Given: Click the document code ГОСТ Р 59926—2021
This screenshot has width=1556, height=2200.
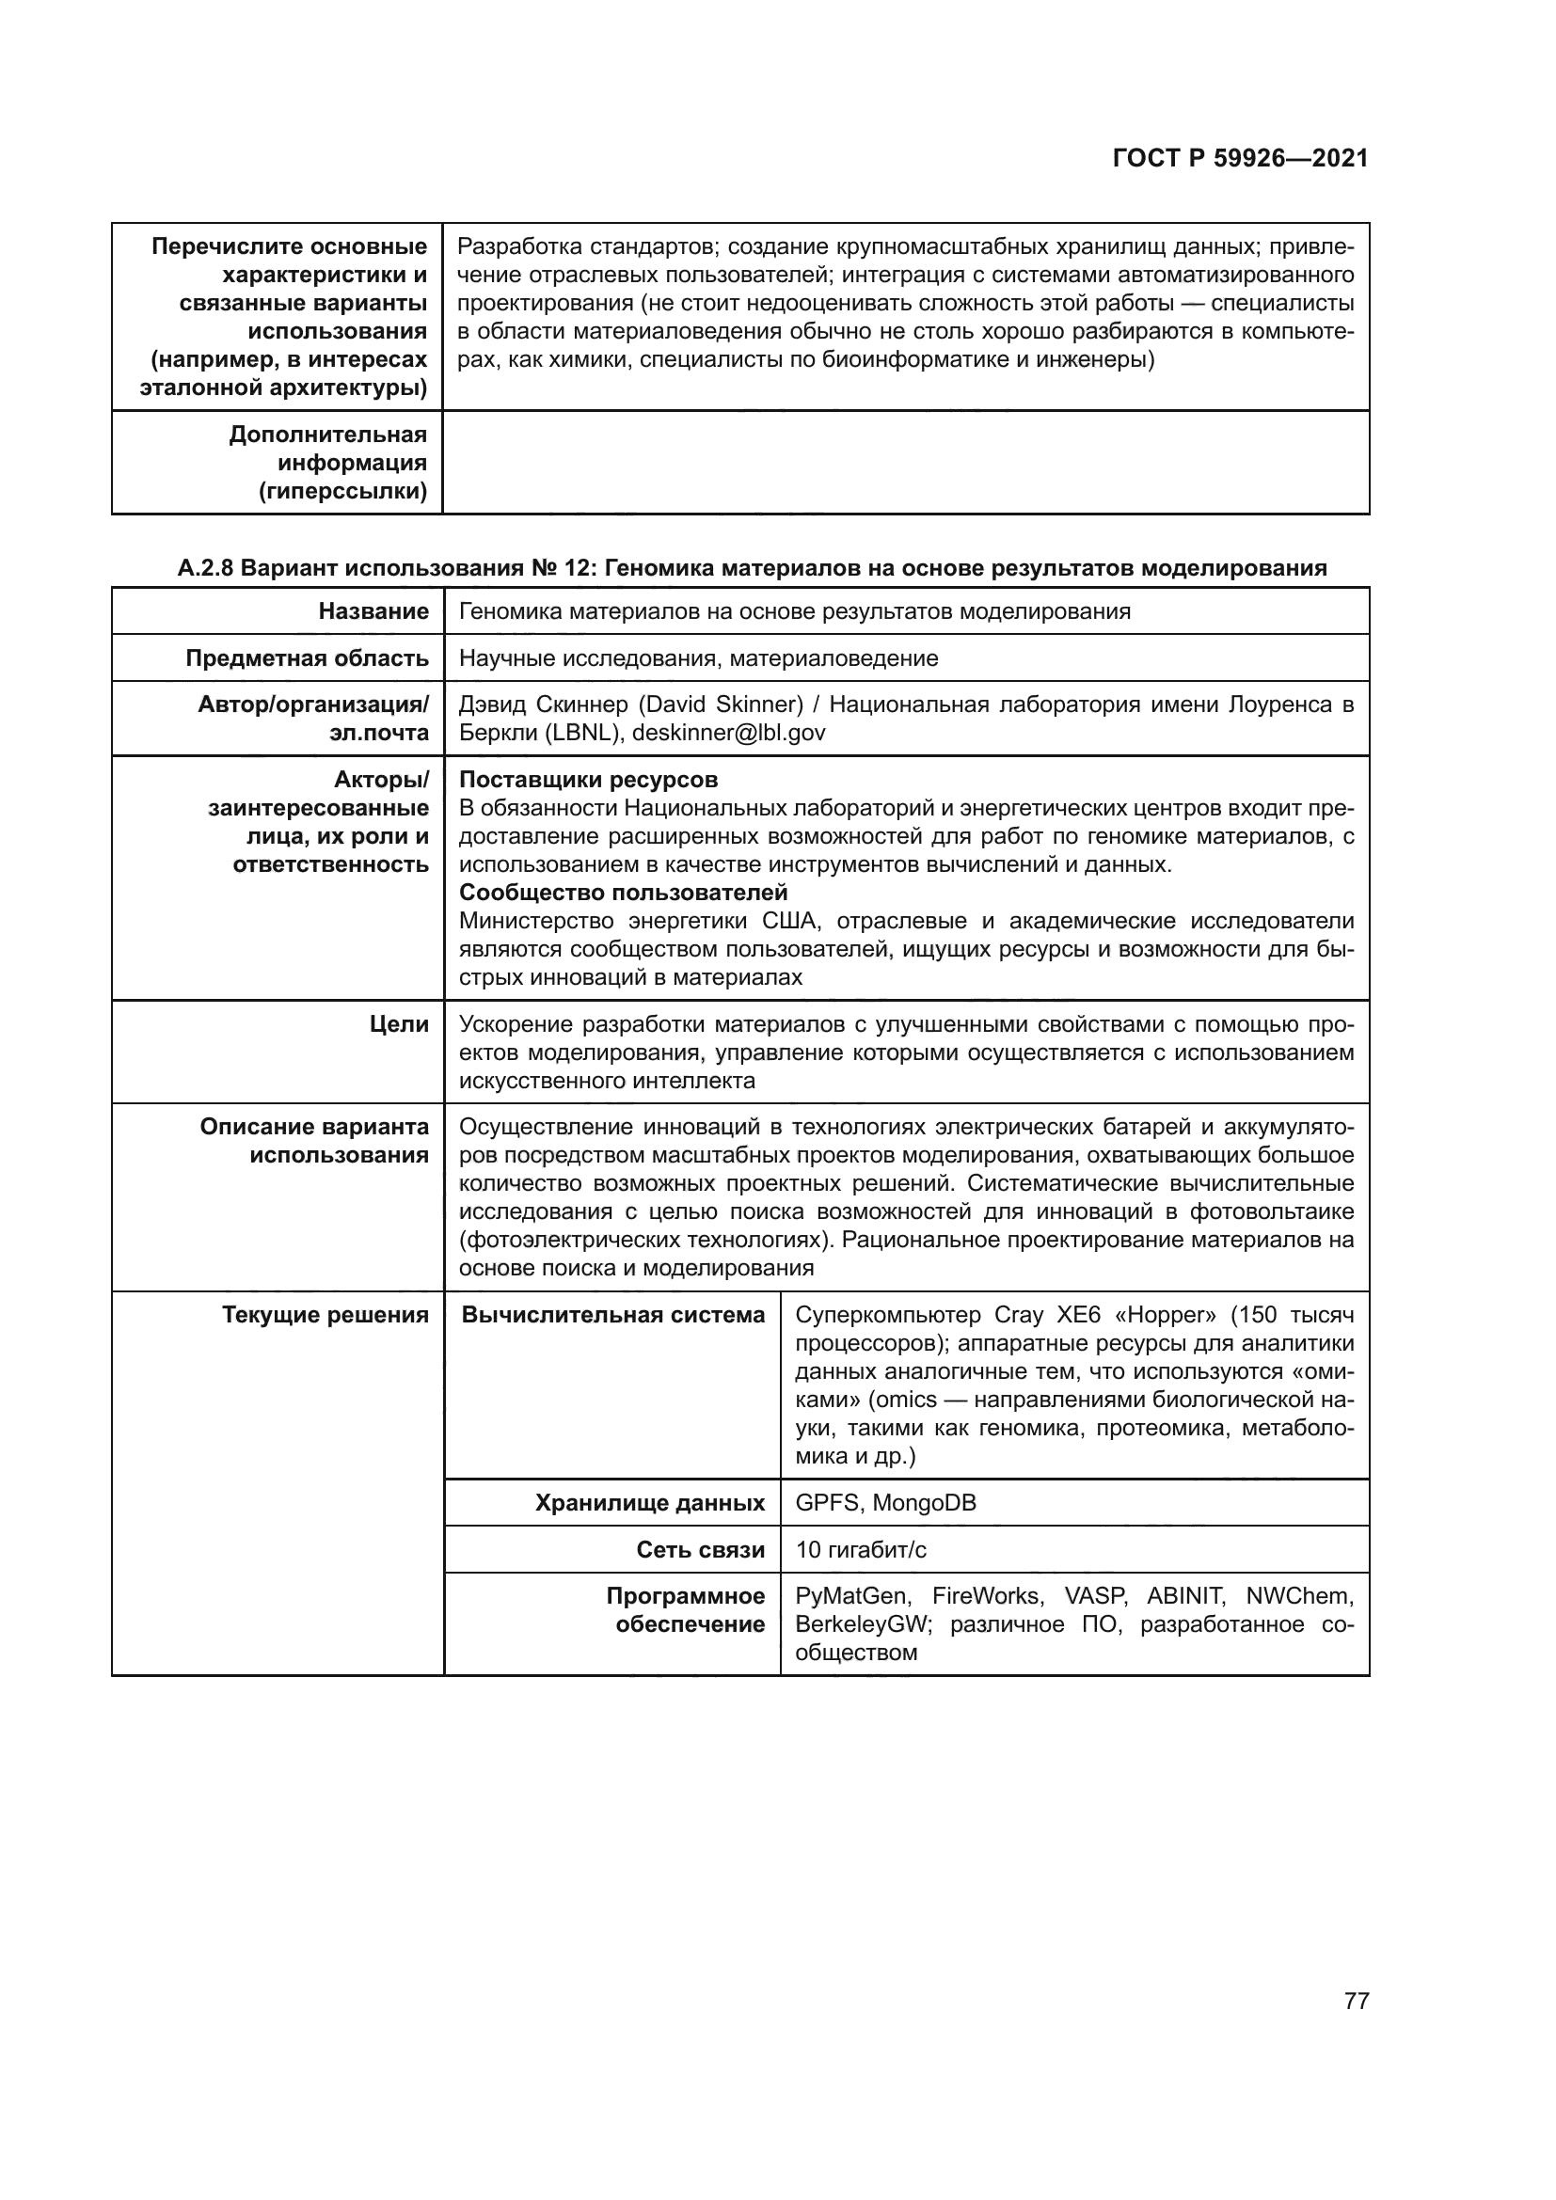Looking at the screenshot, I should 1240,159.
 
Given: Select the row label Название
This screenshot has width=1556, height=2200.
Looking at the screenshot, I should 373,611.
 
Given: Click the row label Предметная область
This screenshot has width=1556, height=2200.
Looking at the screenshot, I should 307,658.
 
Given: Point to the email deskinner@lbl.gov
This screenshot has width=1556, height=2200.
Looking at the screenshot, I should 728,733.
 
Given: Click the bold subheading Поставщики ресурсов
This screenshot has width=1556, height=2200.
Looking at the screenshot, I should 588,780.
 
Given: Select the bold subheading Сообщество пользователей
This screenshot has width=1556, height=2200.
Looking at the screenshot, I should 623,893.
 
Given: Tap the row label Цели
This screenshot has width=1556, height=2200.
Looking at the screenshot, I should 399,1024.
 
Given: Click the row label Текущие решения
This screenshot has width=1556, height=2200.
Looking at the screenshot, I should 325,1315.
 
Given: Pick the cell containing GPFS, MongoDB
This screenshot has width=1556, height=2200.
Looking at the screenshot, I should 885,1502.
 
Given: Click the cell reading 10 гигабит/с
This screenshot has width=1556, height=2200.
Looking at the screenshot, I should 861,1549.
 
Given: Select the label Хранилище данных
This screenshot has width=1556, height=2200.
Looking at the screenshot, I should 650,1502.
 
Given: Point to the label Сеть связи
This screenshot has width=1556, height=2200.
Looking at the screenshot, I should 701,1549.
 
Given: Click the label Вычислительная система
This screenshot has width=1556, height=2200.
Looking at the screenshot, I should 613,1315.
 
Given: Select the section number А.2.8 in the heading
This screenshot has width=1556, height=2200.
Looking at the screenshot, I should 205,568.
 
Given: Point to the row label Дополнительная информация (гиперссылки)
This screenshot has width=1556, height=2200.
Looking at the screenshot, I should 327,463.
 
